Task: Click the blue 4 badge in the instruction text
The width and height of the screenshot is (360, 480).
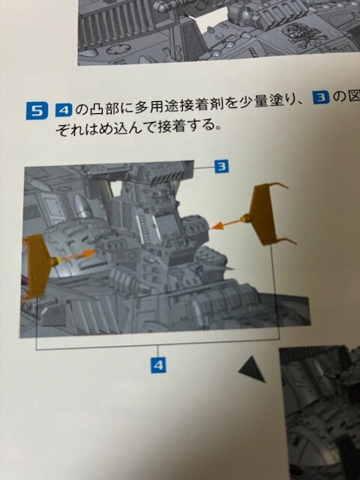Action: pyautogui.click(x=64, y=110)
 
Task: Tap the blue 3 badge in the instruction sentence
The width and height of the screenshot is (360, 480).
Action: pyautogui.click(x=321, y=99)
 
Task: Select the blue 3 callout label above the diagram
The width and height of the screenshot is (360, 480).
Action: pyautogui.click(x=222, y=166)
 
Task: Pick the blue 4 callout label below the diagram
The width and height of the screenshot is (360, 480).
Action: pyautogui.click(x=158, y=364)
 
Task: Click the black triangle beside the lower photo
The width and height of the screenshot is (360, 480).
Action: pyautogui.click(x=253, y=370)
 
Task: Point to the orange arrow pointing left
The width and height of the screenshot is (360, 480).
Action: pyautogui.click(x=226, y=224)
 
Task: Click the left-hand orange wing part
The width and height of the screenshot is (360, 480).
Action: pyautogui.click(x=38, y=265)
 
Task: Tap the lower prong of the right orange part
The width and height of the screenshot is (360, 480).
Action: pyautogui.click(x=286, y=241)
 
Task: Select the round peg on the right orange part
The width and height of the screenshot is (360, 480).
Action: pyautogui.click(x=246, y=218)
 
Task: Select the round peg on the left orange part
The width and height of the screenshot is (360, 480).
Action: pyautogui.click(x=55, y=262)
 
